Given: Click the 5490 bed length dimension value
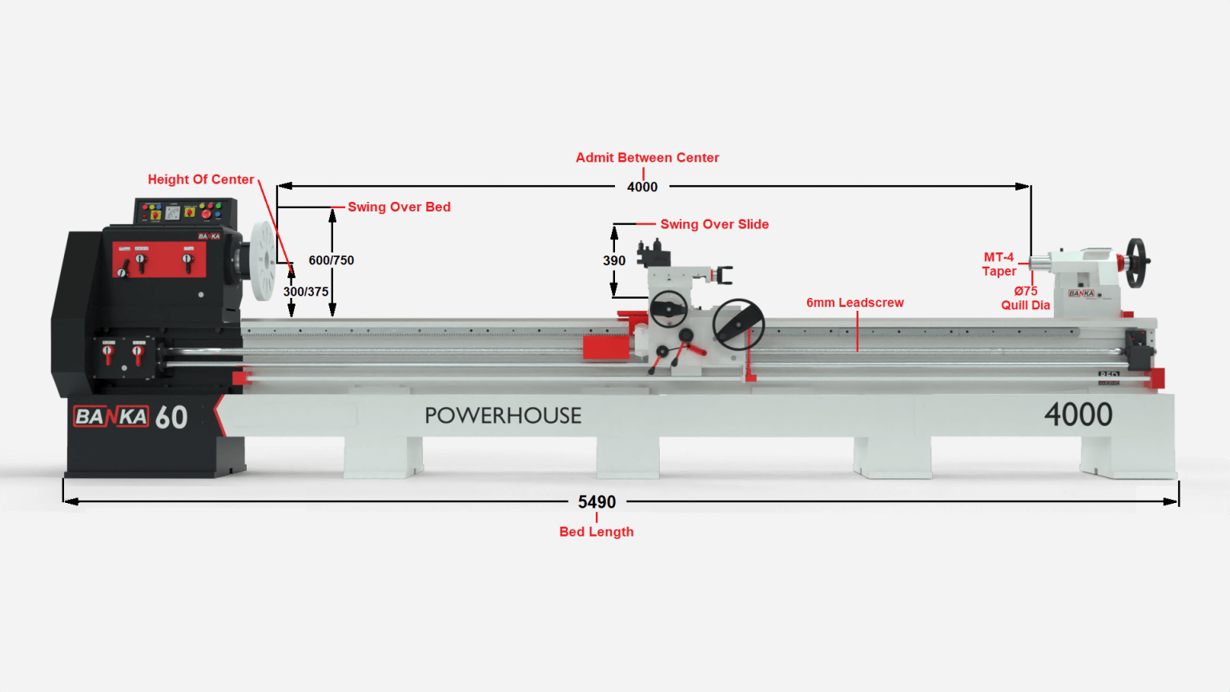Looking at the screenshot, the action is click(597, 501).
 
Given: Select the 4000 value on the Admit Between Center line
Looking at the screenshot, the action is click(642, 187).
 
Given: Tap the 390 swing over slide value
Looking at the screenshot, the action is click(614, 260).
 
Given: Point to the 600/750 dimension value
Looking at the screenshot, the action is click(331, 259).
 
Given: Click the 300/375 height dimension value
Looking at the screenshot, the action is click(306, 291).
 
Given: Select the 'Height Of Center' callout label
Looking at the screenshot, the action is click(201, 179).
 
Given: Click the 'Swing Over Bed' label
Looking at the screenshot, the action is click(400, 207).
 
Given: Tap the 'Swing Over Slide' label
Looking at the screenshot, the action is click(714, 224).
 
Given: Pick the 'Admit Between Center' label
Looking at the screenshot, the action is click(647, 158).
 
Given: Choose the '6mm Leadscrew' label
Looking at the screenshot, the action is click(855, 303).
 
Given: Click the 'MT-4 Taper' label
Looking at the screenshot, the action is click(999, 264).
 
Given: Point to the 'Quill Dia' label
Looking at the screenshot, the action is click(1025, 305).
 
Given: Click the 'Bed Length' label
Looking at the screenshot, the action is click(597, 532).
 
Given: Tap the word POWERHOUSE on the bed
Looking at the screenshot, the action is click(503, 416).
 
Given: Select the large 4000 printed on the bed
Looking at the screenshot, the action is click(1079, 415).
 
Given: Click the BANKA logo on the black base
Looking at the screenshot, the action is click(111, 416).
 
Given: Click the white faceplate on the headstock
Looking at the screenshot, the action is click(263, 261).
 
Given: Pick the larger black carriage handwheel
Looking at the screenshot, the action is click(738, 324).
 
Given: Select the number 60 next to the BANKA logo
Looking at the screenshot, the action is click(171, 417).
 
